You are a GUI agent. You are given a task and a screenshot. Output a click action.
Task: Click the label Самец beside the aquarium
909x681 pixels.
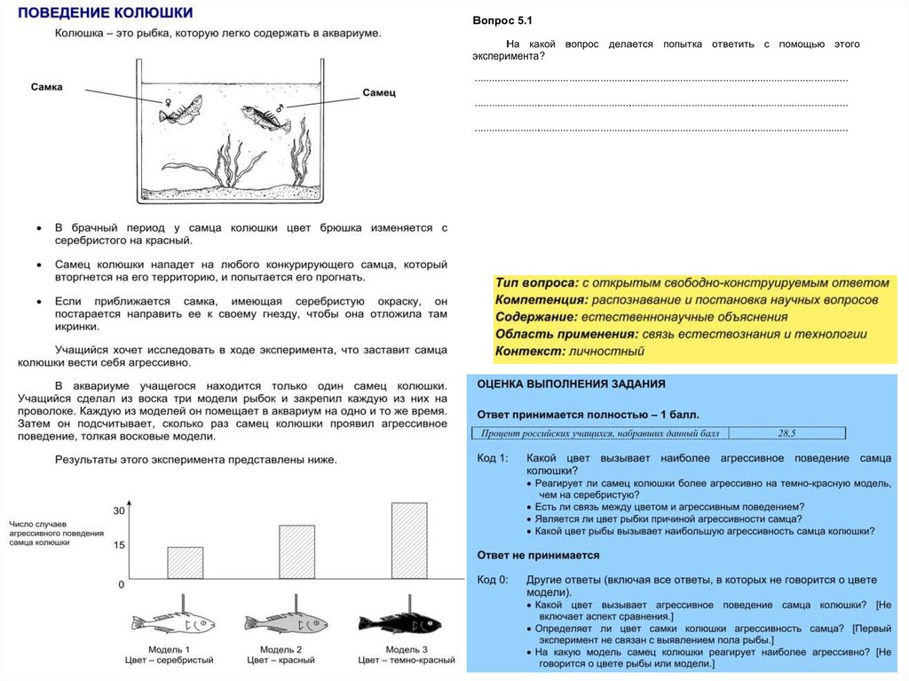pyautogui.click(x=379, y=91)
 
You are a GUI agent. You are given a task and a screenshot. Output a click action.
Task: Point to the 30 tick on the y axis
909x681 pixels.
pyautogui.click(x=119, y=511)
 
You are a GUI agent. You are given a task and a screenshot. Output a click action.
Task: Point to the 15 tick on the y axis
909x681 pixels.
pyautogui.click(x=119, y=545)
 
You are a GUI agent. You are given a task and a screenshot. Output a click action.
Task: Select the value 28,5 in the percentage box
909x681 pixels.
pyautogui.click(x=786, y=433)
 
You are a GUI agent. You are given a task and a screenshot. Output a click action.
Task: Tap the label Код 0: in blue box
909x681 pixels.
pyautogui.click(x=493, y=580)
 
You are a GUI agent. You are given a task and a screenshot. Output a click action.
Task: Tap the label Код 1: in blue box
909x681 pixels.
pyautogui.click(x=493, y=458)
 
